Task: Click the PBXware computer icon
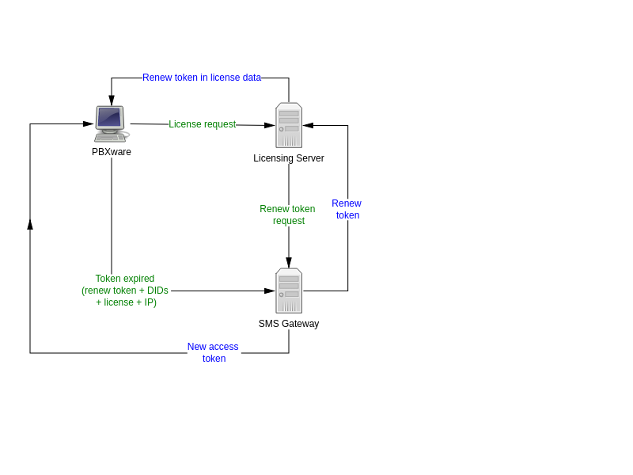pyautogui.click(x=112, y=124)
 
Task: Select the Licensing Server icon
pyautogui.click(x=289, y=125)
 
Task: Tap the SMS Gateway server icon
pyautogui.click(x=289, y=291)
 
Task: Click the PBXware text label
pyautogui.click(x=112, y=152)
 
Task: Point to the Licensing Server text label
pyautogui.click(x=289, y=158)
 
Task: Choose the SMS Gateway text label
pyautogui.click(x=289, y=324)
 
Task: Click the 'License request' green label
pyautogui.click(x=203, y=124)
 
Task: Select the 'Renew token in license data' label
pyautogui.click(x=202, y=77)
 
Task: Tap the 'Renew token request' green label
pyautogui.click(x=287, y=215)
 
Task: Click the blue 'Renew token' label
pyautogui.click(x=347, y=209)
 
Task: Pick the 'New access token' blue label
pyautogui.click(x=213, y=352)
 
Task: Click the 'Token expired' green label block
pyautogui.click(x=125, y=291)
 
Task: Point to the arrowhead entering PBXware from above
pyautogui.click(x=112, y=101)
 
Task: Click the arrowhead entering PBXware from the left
pyautogui.click(x=89, y=123)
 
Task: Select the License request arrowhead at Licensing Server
pyautogui.click(x=270, y=125)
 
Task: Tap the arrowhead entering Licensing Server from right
pyautogui.click(x=308, y=125)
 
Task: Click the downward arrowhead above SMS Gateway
pyautogui.click(x=289, y=263)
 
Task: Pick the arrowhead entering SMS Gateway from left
pyautogui.click(x=270, y=291)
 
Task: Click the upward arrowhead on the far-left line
pyautogui.click(x=30, y=224)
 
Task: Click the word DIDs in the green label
pyautogui.click(x=157, y=291)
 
